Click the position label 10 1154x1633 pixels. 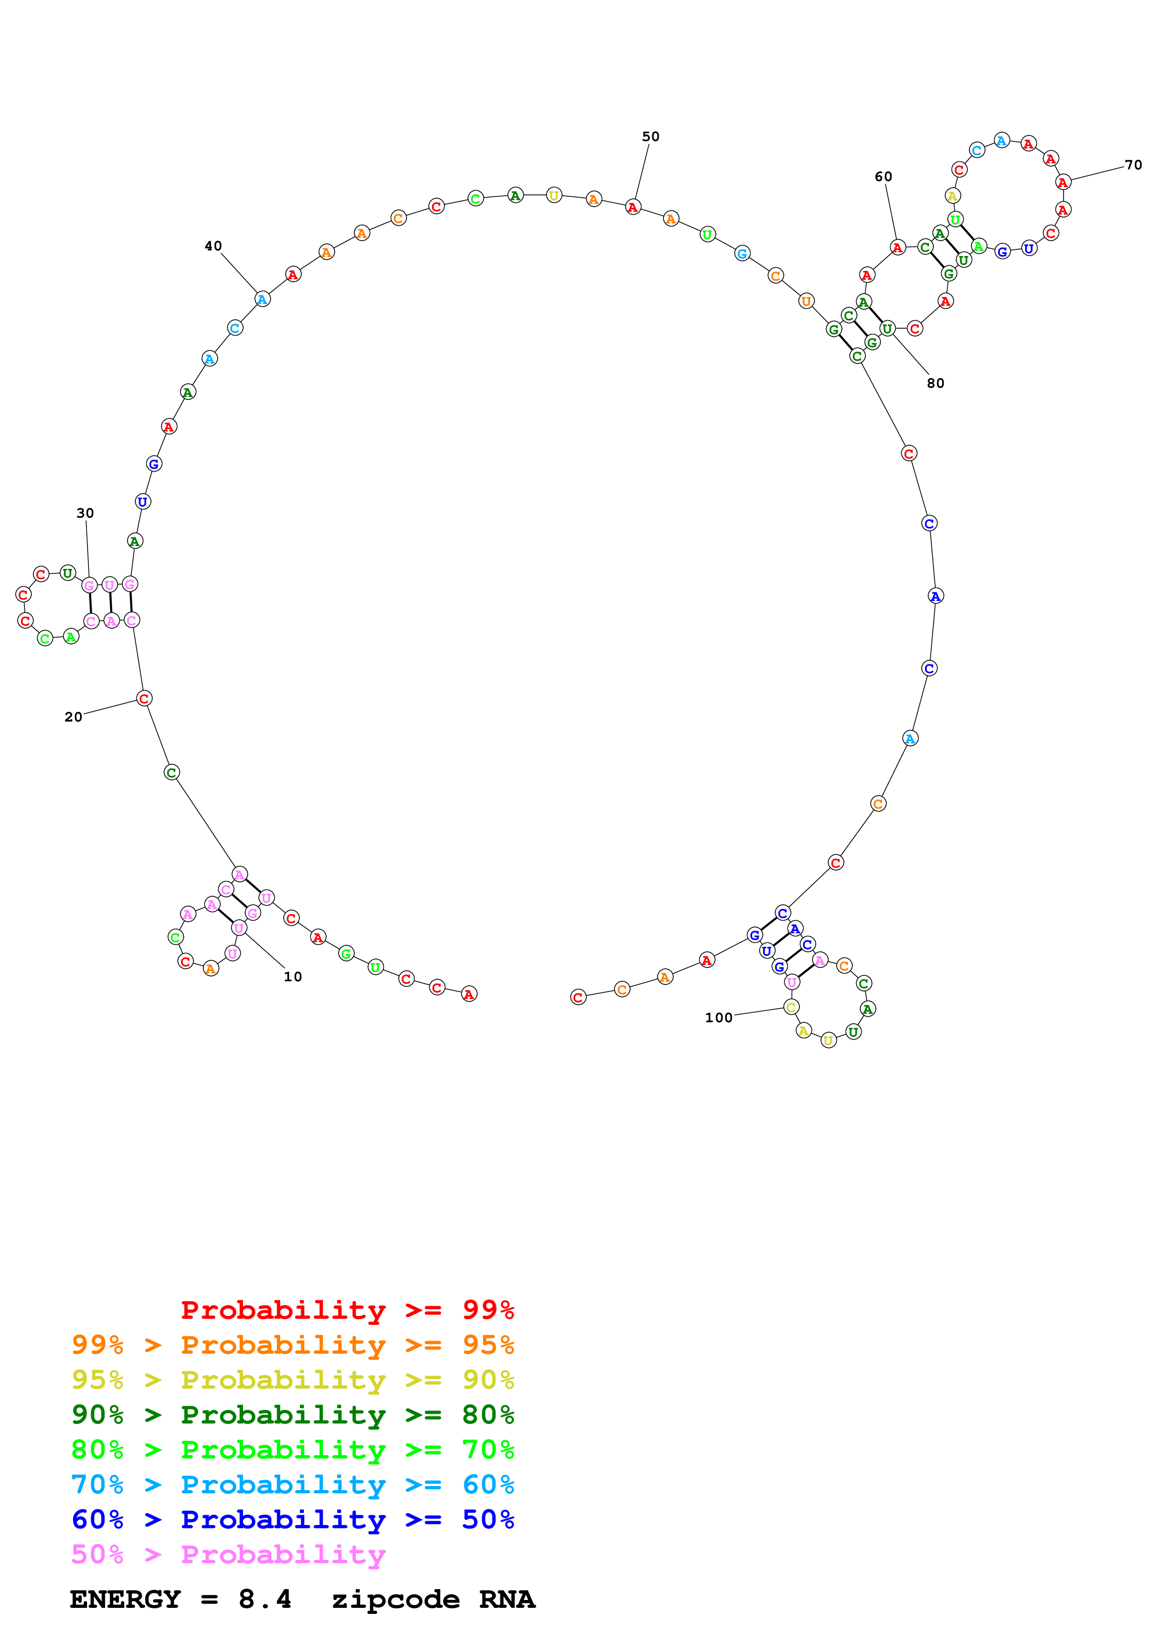[x=293, y=977]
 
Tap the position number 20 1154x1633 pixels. [x=73, y=717]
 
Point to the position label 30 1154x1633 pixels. [x=85, y=513]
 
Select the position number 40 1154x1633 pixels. [x=213, y=246]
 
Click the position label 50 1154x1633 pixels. [x=651, y=136]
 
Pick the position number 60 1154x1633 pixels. [x=883, y=176]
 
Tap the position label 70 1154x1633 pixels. [x=1134, y=165]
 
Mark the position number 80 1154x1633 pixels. [x=936, y=384]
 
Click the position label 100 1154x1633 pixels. [x=719, y=1018]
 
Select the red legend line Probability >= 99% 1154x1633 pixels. [x=347, y=1309]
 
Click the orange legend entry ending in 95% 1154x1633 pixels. [x=293, y=1345]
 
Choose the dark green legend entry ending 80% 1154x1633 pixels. [x=293, y=1415]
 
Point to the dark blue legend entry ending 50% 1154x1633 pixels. [x=293, y=1519]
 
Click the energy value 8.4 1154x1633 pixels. [x=264, y=1599]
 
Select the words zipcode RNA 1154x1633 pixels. [x=433, y=1599]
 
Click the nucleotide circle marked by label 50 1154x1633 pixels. [x=633, y=207]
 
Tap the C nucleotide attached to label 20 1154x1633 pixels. [x=144, y=698]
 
